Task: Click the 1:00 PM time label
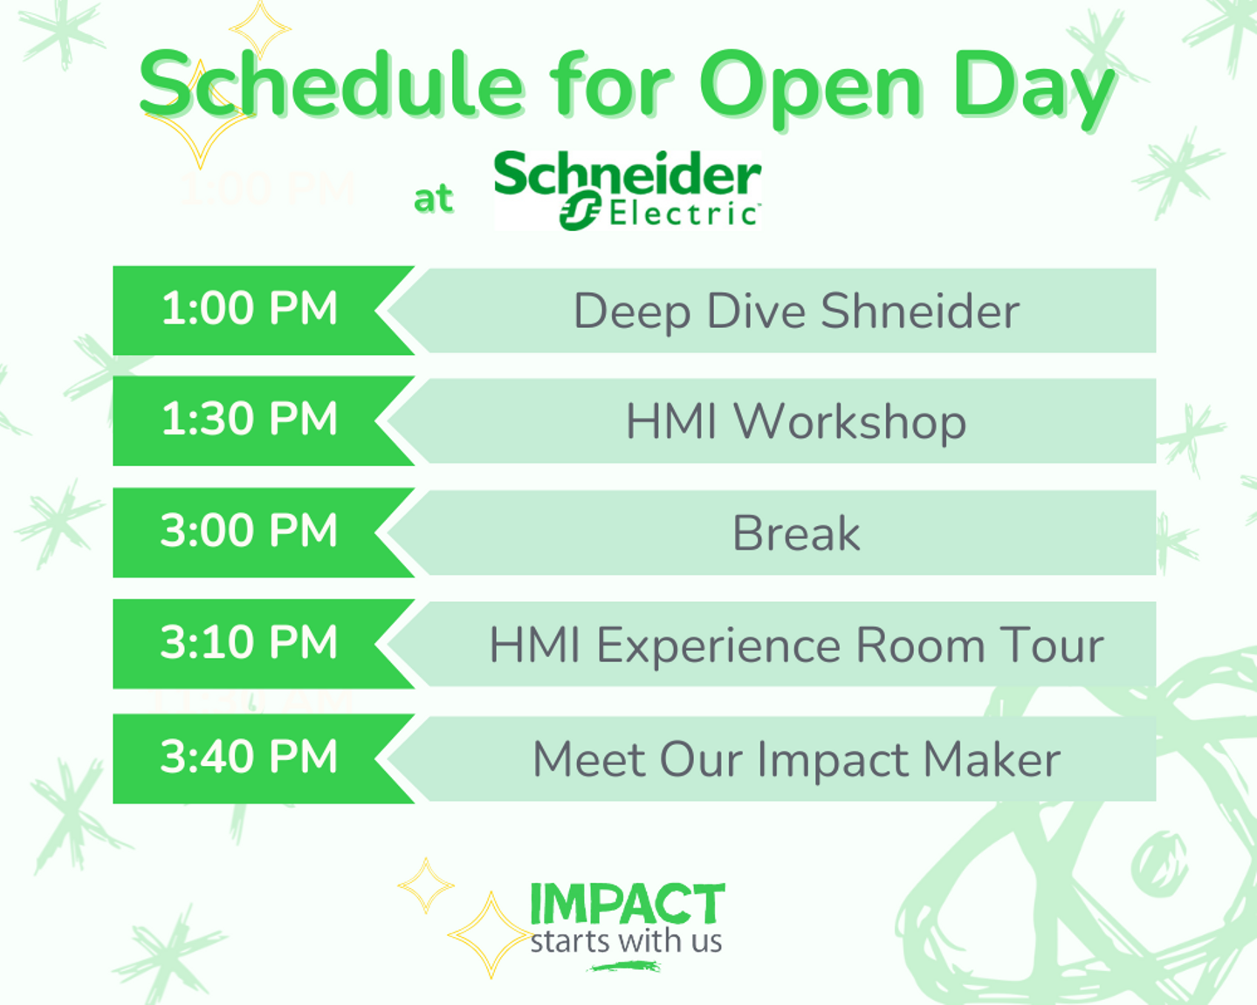[x=250, y=308]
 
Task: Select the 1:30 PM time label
[x=250, y=419]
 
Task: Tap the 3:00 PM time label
[x=249, y=530]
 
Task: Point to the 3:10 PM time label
[x=249, y=642]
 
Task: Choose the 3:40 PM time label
[x=249, y=757]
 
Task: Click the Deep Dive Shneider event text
[x=797, y=313]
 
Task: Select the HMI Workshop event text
[x=795, y=421]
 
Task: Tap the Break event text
[x=796, y=532]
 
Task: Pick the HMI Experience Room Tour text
[x=796, y=646]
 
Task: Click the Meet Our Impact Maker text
[x=797, y=759]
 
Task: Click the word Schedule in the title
[x=331, y=85]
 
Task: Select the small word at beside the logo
[x=433, y=199]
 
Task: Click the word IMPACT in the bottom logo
[x=628, y=904]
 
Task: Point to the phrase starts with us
[x=626, y=941]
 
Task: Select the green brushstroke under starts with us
[x=624, y=967]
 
